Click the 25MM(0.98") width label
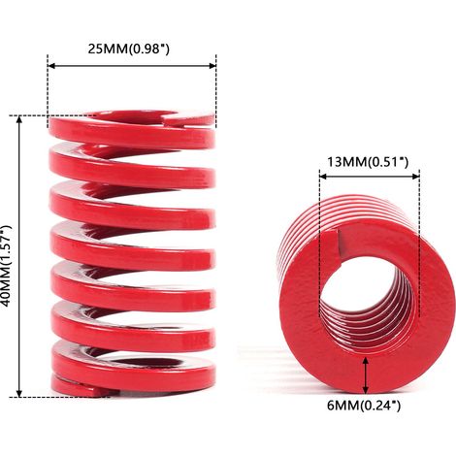tap(129, 49)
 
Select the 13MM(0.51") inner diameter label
tap(368, 161)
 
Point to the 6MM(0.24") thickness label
tap(364, 406)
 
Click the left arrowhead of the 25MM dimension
tap(51, 66)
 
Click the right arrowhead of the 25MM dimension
tap(212, 66)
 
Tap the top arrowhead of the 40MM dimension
tap(19, 120)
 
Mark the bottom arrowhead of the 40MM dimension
tap(19, 392)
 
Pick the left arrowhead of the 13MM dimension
tap(323, 177)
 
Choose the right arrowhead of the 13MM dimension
tap(415, 177)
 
